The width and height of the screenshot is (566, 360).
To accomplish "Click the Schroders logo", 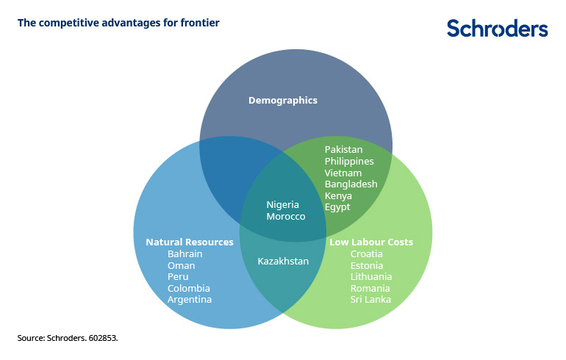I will [497, 29].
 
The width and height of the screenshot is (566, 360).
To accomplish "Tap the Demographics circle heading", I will [283, 100].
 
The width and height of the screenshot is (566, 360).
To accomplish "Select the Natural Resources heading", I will [190, 242].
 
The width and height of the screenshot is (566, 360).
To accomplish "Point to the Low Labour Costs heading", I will [371, 242].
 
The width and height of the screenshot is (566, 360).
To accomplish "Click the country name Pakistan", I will [344, 150].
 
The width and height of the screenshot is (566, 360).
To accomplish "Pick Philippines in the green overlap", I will [349, 162].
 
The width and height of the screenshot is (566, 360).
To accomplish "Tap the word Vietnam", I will [343, 173].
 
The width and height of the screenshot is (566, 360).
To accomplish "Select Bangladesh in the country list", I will [351, 184].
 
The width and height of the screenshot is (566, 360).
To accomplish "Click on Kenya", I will [338, 196].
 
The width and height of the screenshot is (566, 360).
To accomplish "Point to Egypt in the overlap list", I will [337, 207].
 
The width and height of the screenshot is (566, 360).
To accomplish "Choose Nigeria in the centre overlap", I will [283, 204].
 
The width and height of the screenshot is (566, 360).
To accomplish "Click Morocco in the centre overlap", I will [286, 217].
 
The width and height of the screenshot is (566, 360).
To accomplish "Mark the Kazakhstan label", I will [283, 261].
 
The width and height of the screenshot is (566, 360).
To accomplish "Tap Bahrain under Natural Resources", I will [185, 253].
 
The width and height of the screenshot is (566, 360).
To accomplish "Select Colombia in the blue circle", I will [189, 288].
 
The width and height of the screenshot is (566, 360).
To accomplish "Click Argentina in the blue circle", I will [190, 299].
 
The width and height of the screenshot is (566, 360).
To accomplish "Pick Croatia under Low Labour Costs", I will [367, 253].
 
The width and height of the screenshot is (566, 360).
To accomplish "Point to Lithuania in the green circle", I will [371, 276].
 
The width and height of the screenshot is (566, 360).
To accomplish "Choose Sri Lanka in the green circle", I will [371, 299].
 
